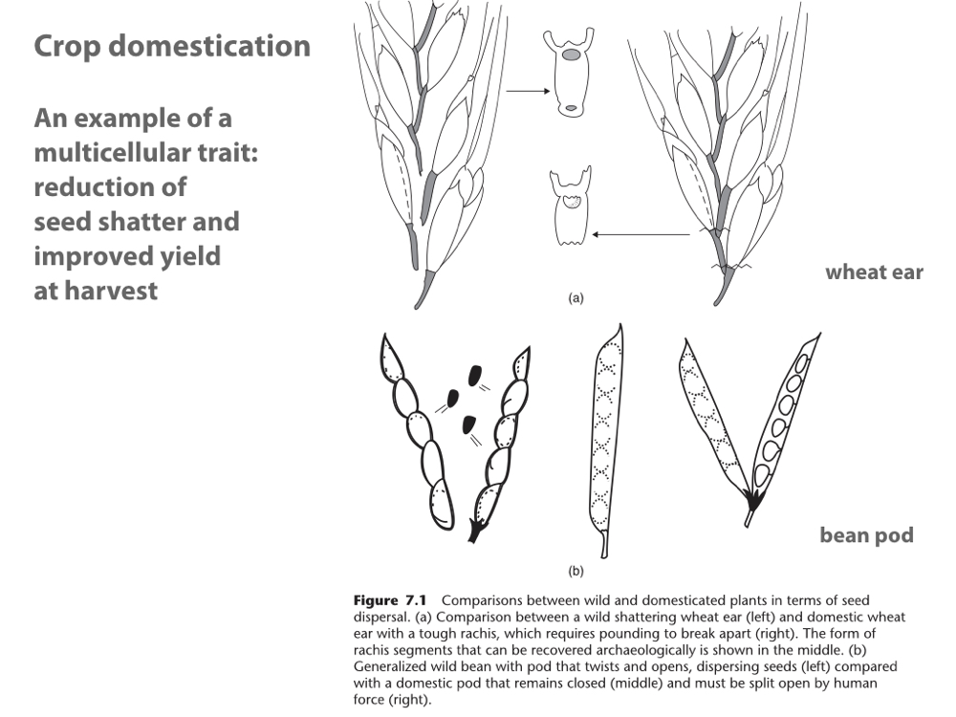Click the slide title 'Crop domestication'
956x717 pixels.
point(172,47)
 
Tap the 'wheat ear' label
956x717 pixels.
point(874,272)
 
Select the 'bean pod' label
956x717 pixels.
point(866,535)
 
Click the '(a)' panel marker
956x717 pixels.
point(576,298)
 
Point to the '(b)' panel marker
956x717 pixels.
point(576,572)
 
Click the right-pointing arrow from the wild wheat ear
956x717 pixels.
point(527,92)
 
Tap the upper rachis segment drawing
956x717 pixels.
point(570,74)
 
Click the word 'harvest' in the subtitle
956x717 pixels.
point(110,291)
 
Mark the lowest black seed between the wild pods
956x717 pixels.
point(467,422)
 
